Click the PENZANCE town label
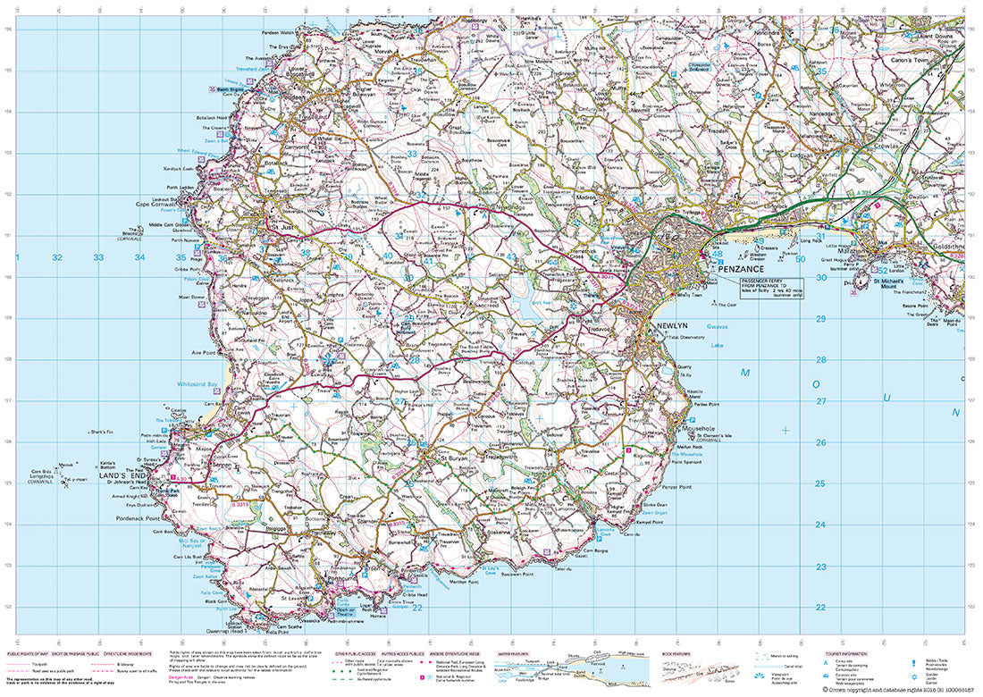737,268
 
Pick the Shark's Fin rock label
105,432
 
